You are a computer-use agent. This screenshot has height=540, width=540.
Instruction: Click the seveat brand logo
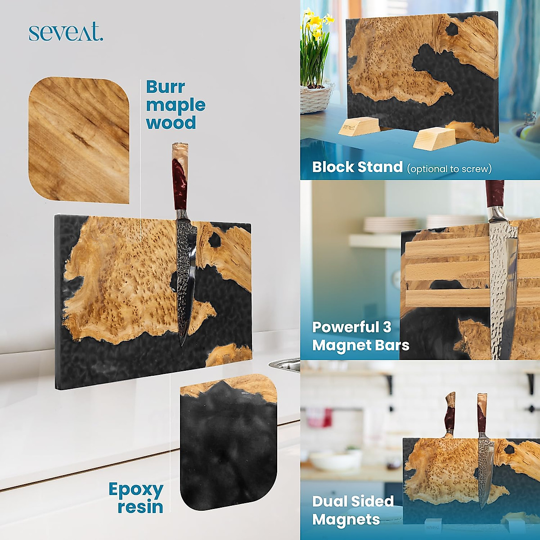pos(66,33)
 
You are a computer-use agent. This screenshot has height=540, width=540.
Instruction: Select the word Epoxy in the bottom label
pos(135,489)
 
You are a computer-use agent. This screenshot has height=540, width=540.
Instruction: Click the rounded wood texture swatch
pos(79,139)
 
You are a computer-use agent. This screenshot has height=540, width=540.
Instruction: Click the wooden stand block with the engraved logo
pos(354,126)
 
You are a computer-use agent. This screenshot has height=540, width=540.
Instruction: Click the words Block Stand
pos(357,167)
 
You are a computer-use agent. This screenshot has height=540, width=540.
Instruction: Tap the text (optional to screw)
pos(449,169)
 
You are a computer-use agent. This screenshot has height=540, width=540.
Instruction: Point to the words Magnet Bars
pos(360,345)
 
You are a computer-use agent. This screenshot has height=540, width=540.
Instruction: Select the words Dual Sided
pos(353,501)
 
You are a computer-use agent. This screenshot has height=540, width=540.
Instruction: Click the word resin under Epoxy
pos(140,507)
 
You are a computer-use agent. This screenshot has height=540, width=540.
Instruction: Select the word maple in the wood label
pos(175,105)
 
